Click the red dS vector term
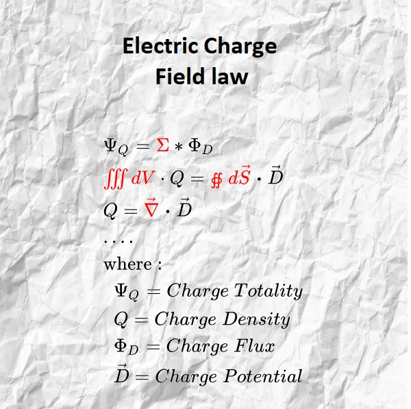coord(240,177)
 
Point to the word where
coord(128,264)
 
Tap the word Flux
coord(254,347)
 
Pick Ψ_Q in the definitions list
coord(127,292)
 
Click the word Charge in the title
coord(240,46)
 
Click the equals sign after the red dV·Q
coord(197,179)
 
